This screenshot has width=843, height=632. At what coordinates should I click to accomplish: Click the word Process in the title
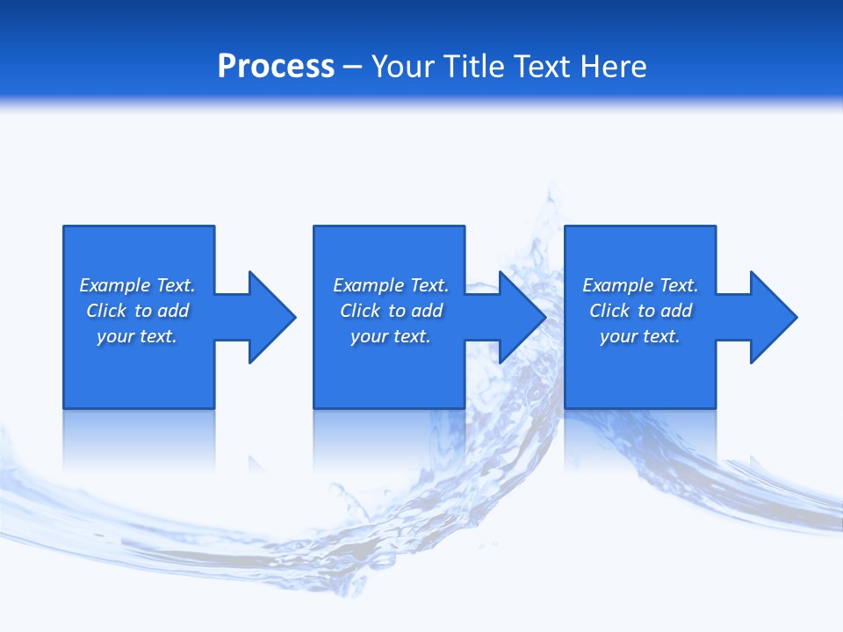pyautogui.click(x=276, y=67)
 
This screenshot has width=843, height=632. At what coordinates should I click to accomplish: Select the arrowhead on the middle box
pyautogui.click(x=522, y=317)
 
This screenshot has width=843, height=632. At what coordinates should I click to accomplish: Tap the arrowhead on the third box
pyautogui.click(x=773, y=317)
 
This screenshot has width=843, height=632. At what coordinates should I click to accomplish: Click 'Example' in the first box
pyautogui.click(x=115, y=285)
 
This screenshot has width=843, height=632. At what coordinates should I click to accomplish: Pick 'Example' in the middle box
pyautogui.click(x=369, y=285)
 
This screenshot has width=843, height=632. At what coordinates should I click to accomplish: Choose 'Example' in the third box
pyautogui.click(x=618, y=285)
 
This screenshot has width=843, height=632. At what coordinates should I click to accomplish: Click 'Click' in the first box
pyautogui.click(x=106, y=311)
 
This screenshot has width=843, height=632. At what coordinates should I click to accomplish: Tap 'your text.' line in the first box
pyautogui.click(x=137, y=336)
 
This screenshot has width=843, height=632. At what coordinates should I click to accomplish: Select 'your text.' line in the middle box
pyautogui.click(x=391, y=336)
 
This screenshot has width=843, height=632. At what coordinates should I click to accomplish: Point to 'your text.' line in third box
pyautogui.click(x=640, y=336)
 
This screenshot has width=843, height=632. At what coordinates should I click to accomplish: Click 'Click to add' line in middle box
pyautogui.click(x=391, y=311)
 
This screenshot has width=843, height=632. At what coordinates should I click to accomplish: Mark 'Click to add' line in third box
pyautogui.click(x=640, y=311)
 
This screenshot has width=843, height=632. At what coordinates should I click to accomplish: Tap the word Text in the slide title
pyautogui.click(x=543, y=67)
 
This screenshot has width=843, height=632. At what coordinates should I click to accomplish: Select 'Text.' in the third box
pyautogui.click(x=678, y=285)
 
